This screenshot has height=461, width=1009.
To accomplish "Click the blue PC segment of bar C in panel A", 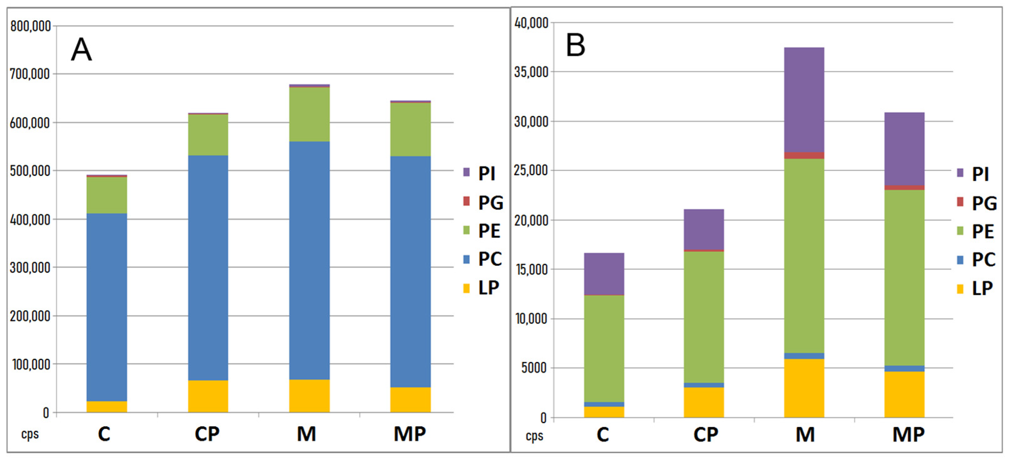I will (x=106, y=307).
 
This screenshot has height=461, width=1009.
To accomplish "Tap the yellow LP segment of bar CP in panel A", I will (x=208, y=396).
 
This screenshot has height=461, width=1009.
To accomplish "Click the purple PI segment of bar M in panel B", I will (x=804, y=100).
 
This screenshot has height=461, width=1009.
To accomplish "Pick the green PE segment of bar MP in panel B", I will (x=904, y=278).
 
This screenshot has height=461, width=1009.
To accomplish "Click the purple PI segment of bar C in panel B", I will (x=604, y=274).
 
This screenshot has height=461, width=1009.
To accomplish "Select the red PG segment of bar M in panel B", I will (x=804, y=155).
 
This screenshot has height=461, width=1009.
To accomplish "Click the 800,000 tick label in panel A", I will (x=31, y=26).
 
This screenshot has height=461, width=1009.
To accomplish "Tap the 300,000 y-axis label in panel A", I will (x=31, y=268).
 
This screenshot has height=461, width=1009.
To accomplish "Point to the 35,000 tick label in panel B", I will (x=531, y=72).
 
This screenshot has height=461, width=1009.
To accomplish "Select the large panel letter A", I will (x=81, y=50).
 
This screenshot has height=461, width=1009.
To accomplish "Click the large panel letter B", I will (x=576, y=46).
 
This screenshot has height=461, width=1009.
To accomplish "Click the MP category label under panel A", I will (x=410, y=434).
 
